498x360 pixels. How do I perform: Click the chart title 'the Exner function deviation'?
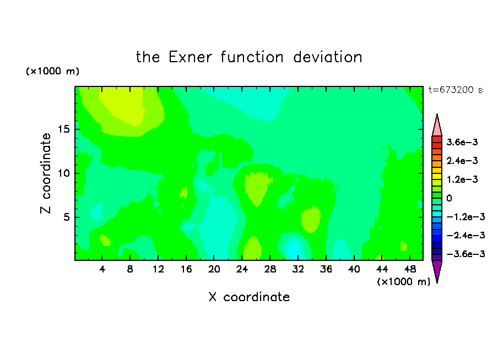pos(249,57)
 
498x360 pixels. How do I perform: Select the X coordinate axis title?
pos(249,297)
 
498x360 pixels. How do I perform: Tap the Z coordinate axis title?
pos(46,173)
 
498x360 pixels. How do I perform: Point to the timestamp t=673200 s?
pos(456,90)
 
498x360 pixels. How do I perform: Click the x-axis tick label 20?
pos(214,269)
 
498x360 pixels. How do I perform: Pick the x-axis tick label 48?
pos(410,269)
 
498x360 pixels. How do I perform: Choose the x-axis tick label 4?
pos(102,269)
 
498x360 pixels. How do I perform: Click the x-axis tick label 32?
pos(298,269)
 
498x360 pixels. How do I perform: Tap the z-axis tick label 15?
pos(64,129)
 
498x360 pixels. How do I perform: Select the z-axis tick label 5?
pos(66,217)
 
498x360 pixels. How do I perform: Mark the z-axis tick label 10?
pos(64,173)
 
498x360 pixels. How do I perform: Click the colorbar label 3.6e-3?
pos(462,142)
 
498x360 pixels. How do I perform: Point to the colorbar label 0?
pos(449,198)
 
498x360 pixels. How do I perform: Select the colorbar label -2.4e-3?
pos(465,236)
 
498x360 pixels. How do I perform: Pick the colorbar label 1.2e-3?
pos(462,179)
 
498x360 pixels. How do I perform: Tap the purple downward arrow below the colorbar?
pos(437,270)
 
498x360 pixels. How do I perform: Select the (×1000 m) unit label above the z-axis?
pos(52,71)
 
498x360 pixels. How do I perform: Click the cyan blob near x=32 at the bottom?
pos(294,249)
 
